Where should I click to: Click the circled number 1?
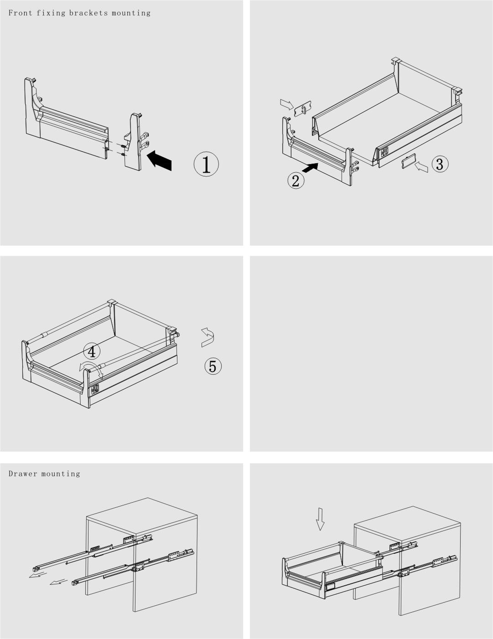[206, 164]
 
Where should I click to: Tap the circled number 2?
[296, 180]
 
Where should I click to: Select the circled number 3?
[440, 164]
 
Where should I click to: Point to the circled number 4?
[92, 351]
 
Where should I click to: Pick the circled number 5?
[213, 366]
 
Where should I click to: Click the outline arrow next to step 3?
[421, 167]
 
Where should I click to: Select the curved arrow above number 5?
[208, 338]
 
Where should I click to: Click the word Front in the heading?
[20, 13]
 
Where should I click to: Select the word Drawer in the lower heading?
[23, 474]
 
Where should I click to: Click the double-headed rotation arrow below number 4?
[92, 369]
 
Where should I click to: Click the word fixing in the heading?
[51, 13]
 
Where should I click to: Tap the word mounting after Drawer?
[61, 474]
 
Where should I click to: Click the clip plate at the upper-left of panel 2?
[303, 109]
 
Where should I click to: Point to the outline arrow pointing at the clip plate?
[287, 104]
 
